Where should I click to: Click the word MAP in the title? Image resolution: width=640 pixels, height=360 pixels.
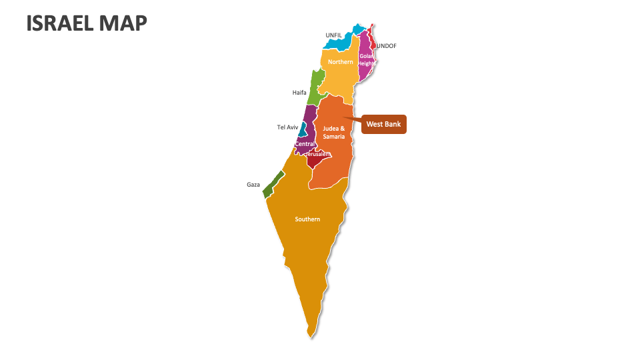[125, 23]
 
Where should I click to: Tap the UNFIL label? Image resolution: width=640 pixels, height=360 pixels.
[333, 35]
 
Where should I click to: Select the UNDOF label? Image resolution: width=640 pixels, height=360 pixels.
[387, 46]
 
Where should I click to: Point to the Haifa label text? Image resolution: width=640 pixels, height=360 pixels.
[299, 93]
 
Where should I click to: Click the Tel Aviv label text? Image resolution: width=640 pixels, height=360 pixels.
[287, 127]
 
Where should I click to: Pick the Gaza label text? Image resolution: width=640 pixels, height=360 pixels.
[253, 185]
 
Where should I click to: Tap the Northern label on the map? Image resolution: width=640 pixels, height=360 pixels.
[341, 62]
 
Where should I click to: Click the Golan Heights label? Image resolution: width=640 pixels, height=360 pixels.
[366, 59]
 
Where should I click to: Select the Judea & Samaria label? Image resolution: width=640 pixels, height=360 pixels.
[334, 132]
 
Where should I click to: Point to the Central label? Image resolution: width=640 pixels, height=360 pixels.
[305, 144]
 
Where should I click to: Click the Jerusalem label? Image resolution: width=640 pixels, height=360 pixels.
[318, 154]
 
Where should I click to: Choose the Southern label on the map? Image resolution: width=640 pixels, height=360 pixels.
[307, 219]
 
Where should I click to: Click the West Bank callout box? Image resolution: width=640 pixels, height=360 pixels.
[384, 124]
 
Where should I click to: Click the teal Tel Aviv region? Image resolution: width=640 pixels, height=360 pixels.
[303, 129]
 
